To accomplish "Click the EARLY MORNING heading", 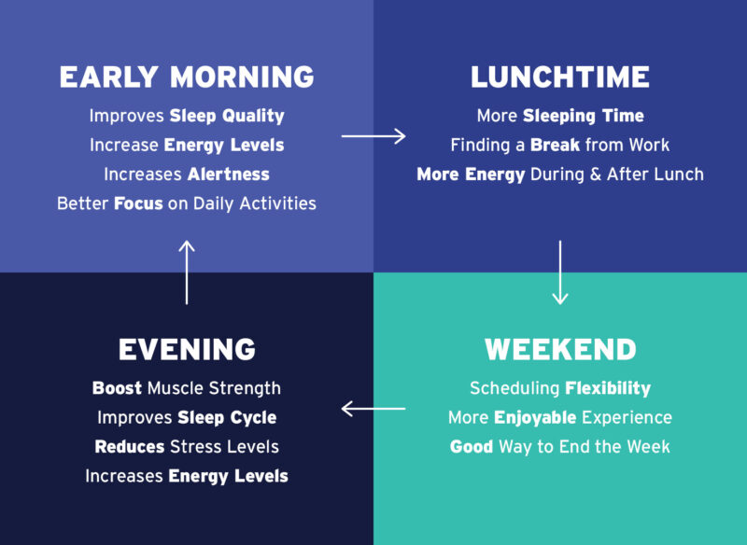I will (x=187, y=77).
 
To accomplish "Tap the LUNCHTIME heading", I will (x=560, y=77).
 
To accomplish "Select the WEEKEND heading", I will (x=560, y=350).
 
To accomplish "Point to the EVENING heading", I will (x=187, y=350).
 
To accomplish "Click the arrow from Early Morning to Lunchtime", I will (x=373, y=137).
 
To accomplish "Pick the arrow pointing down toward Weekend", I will (x=560, y=272).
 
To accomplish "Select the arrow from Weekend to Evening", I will (x=373, y=409).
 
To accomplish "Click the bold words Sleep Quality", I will (x=227, y=117).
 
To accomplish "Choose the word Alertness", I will (x=228, y=175).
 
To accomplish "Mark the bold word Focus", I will (x=138, y=203).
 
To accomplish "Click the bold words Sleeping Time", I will (x=583, y=117).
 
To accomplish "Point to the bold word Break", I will (x=555, y=146).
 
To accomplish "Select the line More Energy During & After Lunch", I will (x=560, y=175).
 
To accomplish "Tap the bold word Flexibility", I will (x=608, y=388).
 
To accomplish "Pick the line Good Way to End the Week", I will (x=560, y=446).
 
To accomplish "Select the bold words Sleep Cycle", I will (x=227, y=417).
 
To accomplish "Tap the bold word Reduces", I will (x=129, y=446).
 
